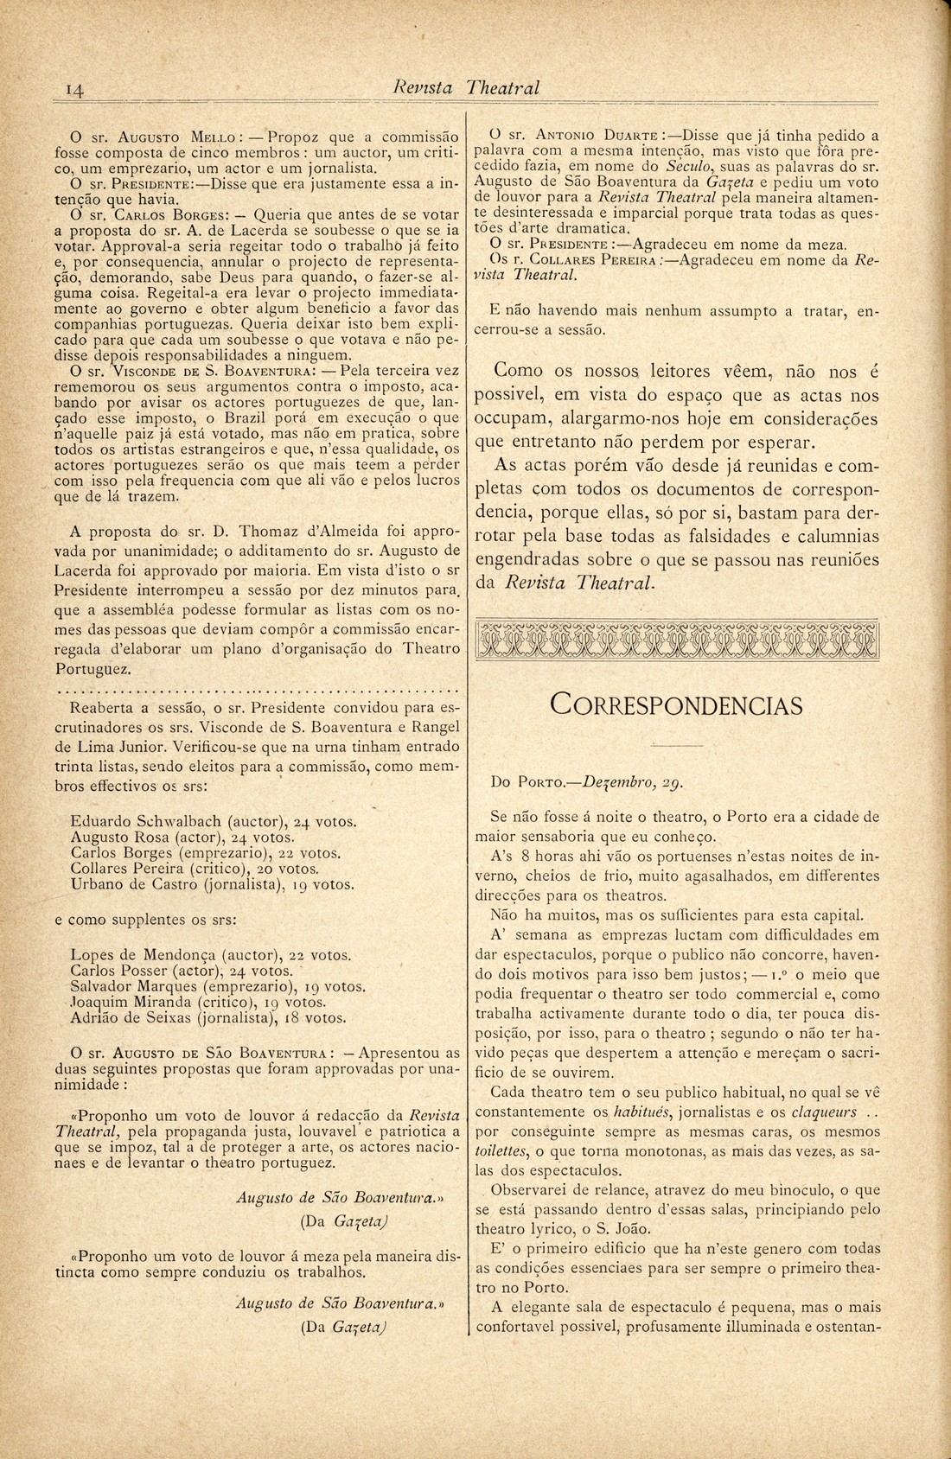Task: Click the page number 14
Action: click(x=73, y=89)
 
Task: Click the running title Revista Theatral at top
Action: click(x=466, y=88)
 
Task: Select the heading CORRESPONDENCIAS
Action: click(x=676, y=705)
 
